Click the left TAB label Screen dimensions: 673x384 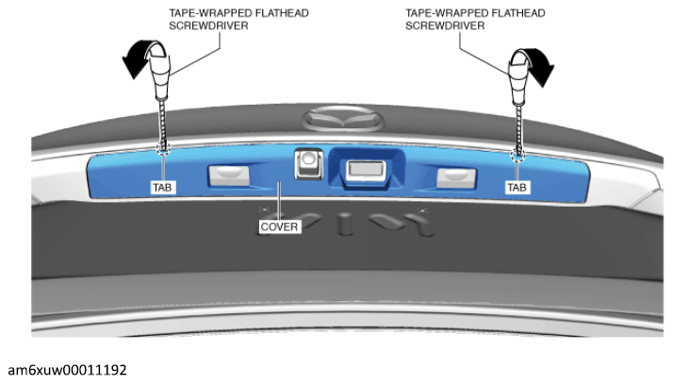click(x=163, y=187)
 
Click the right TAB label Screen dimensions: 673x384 click(x=517, y=187)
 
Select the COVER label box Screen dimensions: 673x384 click(x=279, y=226)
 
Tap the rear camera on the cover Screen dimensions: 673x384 click(x=308, y=163)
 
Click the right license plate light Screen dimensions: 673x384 click(x=456, y=177)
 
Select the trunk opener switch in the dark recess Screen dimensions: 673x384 click(x=366, y=170)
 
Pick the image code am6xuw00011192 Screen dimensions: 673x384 click(x=67, y=370)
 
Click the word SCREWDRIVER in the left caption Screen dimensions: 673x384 click(x=208, y=25)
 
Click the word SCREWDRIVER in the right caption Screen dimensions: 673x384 click(x=445, y=25)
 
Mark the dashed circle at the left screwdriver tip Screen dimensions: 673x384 click(x=163, y=148)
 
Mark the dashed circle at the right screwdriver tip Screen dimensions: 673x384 click(x=518, y=155)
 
